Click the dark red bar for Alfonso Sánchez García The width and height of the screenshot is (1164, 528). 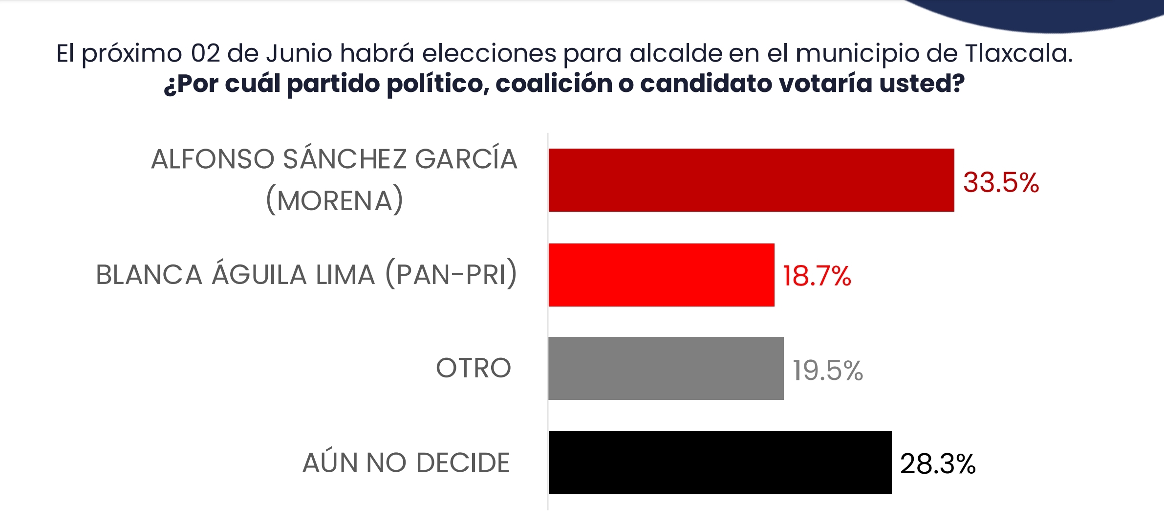751,180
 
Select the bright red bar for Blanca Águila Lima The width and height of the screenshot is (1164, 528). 661,275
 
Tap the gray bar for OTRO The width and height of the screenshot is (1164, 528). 666,368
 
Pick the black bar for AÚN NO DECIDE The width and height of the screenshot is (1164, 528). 720,462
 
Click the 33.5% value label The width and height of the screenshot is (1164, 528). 1001,183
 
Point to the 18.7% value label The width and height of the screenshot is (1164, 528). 817,276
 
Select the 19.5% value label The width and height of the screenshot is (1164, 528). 827,371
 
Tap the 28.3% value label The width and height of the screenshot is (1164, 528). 937,464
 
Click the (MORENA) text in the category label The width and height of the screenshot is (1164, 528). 335,200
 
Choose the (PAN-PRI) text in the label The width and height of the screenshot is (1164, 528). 451,274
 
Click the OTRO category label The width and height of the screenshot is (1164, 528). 473,368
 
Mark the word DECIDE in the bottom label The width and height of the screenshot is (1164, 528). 463,462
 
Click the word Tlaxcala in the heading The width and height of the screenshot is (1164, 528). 1018,53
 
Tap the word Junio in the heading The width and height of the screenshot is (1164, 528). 299,53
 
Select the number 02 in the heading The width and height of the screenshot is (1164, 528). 205,53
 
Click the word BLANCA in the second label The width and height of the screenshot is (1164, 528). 149,274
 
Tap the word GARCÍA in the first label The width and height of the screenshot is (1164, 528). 466,158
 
